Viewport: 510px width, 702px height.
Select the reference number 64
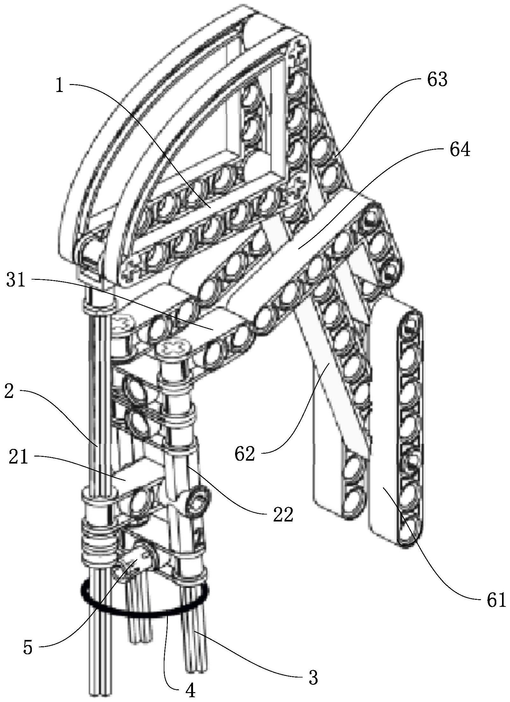460,149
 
